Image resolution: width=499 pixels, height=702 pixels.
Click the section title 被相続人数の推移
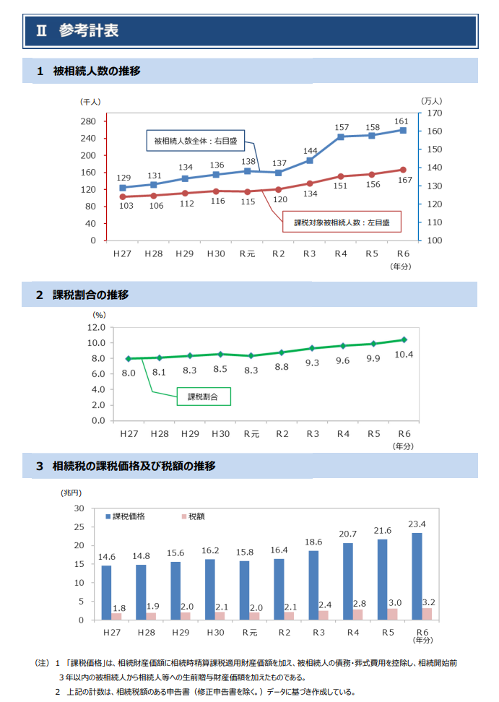[96, 71]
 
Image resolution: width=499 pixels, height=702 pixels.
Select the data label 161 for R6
[402, 121]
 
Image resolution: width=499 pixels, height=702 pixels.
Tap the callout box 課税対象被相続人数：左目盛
[341, 223]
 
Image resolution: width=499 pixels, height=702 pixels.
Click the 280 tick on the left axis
[88, 121]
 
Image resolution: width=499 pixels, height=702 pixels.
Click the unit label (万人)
[431, 101]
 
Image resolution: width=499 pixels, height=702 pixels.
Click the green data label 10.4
[404, 354]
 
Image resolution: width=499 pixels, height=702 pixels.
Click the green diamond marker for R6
[404, 339]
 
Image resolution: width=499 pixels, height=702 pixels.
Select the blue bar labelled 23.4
[417, 576]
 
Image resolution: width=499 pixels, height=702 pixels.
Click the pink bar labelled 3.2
[427, 614]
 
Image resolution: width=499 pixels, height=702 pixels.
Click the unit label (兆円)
[71, 493]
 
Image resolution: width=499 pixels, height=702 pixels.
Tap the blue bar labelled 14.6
[106, 592]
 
